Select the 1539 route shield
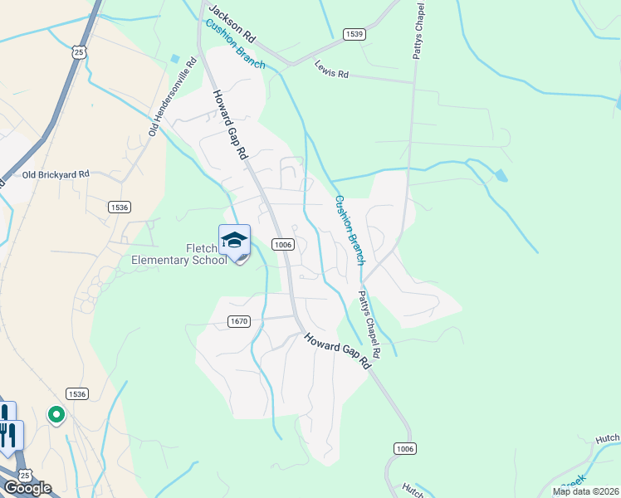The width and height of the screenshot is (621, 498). (355, 34)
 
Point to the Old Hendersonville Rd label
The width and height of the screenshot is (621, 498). (173, 96)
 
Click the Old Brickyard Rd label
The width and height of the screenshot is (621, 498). (56, 174)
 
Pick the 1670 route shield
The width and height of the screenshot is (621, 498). (238, 320)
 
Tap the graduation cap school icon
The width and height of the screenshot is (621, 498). (234, 241)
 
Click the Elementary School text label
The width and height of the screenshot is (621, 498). (179, 261)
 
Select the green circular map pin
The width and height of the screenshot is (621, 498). (56, 413)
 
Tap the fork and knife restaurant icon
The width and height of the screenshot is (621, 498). (12, 435)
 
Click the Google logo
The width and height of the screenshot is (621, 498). (27, 488)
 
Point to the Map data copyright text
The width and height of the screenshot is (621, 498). (584, 491)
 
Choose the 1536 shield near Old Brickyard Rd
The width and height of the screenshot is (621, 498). (120, 207)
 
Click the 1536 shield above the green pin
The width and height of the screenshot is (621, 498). (77, 393)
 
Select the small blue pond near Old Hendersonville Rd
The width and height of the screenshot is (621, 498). (174, 59)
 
